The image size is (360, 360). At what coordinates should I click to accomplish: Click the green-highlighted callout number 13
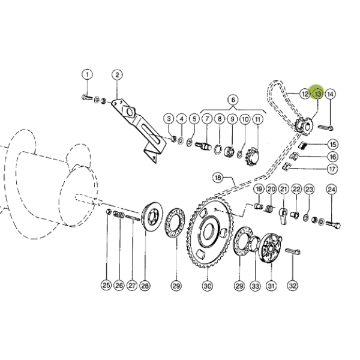coord(318,94)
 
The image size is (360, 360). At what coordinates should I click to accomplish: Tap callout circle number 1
coord(87,74)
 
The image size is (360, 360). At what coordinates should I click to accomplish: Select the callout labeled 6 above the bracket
coord(233,100)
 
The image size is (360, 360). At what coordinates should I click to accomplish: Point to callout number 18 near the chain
coord(218,178)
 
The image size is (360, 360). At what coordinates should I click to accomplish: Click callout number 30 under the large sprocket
coord(208,286)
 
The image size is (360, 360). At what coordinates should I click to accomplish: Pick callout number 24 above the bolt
coord(331,190)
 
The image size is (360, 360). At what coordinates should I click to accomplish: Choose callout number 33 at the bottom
coord(256,286)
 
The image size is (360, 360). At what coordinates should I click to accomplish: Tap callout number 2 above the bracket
coord(117,74)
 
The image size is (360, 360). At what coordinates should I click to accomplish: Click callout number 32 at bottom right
coord(293,286)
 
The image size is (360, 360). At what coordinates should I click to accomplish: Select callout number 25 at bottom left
coord(106,286)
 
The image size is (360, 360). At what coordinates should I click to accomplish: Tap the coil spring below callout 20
coord(269,209)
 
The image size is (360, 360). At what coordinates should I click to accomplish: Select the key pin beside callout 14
coord(326,127)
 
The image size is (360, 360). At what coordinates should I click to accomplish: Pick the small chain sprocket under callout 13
coord(304,126)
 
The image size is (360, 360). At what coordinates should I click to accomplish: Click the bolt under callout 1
coord(87,98)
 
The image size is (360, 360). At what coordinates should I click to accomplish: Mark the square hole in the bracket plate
coord(129,112)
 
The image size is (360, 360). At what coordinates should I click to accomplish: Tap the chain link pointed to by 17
coord(286,166)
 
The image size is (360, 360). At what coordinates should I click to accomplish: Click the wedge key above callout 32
coord(293,251)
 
